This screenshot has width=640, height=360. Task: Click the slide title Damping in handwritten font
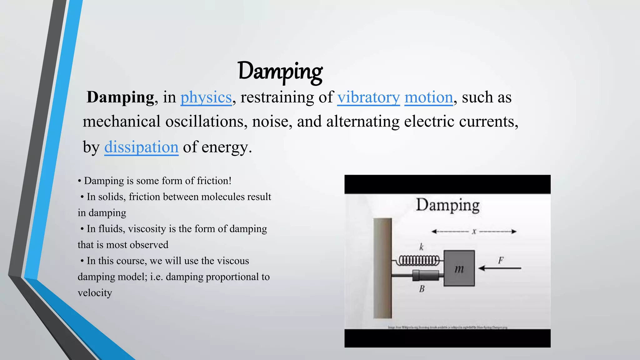280,71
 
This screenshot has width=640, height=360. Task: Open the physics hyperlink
206,97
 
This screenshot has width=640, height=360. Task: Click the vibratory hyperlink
368,97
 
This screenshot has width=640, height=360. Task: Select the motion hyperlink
428,97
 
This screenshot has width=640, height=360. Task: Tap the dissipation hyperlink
141,147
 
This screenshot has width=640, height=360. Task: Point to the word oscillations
204,121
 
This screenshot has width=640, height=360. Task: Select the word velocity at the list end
95,293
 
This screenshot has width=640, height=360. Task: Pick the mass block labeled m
459,268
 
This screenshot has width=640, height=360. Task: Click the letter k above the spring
421,247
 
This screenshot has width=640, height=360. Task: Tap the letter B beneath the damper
422,289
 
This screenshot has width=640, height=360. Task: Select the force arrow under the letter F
500,268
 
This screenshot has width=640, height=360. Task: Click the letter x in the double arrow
474,232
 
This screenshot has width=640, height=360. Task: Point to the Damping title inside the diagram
447,205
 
